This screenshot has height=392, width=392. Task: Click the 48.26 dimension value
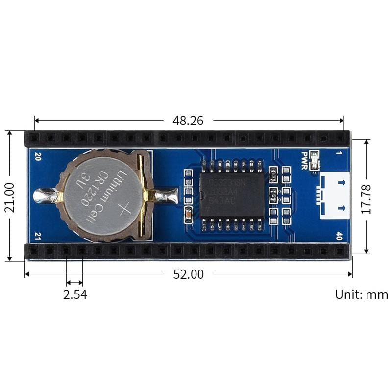(x=188, y=121)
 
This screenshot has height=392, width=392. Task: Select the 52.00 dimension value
(x=189, y=274)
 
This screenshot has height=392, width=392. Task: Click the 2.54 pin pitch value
(x=74, y=294)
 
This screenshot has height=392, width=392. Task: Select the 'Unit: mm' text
(x=361, y=294)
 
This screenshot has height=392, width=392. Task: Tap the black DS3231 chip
(x=232, y=196)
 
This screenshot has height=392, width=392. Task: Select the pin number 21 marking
(x=38, y=236)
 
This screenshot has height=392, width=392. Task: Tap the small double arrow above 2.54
(x=74, y=282)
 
